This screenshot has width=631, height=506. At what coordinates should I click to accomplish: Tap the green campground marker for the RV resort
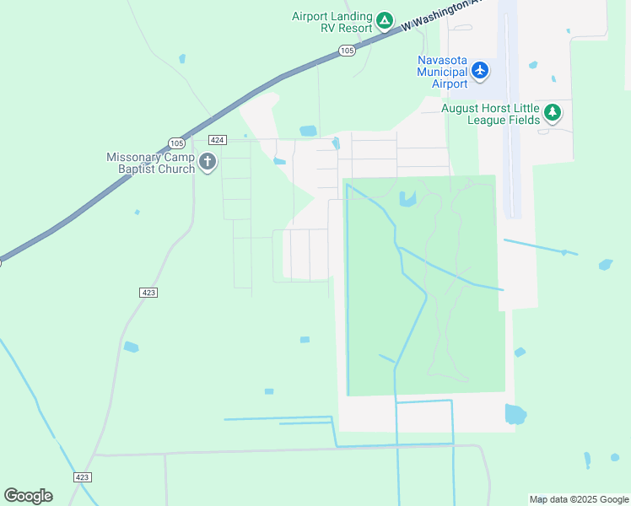click(384, 19)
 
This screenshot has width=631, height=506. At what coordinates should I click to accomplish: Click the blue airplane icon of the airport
click(480, 70)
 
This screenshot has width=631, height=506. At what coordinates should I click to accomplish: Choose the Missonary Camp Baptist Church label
click(151, 163)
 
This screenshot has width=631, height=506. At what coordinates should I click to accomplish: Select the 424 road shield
click(218, 140)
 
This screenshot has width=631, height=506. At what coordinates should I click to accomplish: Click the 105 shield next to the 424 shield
click(175, 143)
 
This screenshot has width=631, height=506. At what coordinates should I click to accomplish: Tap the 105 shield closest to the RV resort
click(348, 51)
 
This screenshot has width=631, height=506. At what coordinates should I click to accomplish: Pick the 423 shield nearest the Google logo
click(82, 477)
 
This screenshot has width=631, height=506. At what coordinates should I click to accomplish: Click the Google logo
click(28, 496)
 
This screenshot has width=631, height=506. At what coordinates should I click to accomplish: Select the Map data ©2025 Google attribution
click(579, 499)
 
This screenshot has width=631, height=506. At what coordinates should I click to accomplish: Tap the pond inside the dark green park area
click(408, 200)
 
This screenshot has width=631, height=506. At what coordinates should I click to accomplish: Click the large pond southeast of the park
click(515, 414)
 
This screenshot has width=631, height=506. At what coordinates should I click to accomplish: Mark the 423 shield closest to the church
click(148, 292)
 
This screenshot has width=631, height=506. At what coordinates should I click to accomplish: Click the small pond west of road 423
click(131, 347)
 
